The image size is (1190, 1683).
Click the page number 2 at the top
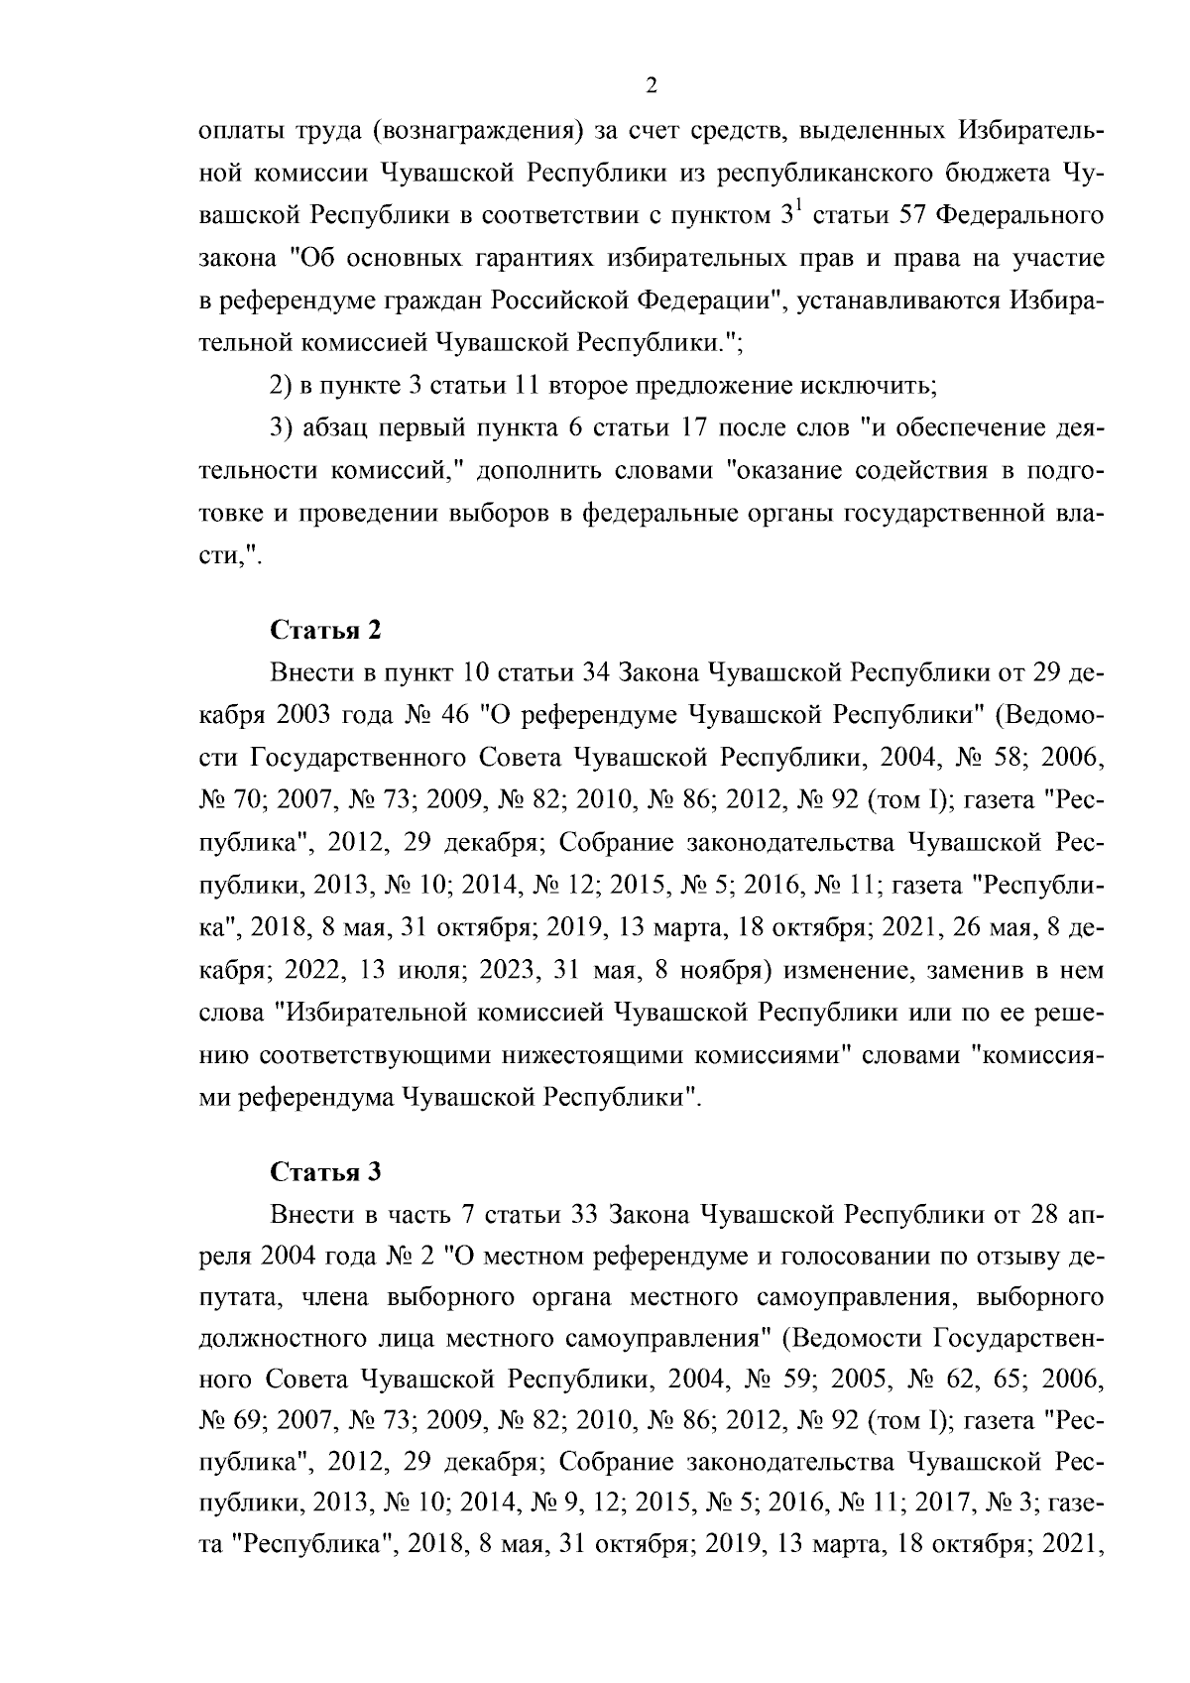point(651,86)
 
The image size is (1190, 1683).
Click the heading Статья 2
point(325,630)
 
